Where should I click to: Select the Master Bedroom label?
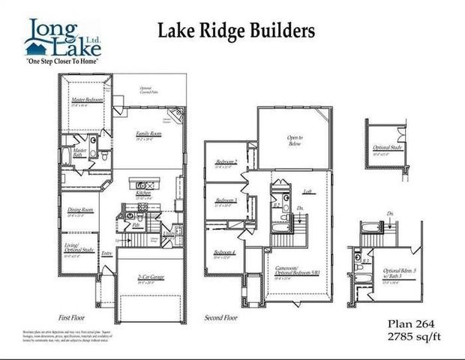tap(87, 100)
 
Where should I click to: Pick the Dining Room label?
tap(80, 210)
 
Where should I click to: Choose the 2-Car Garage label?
tap(150, 277)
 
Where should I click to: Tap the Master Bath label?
tap(79, 153)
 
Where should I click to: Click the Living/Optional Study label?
tap(79, 253)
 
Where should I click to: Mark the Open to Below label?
tap(294, 141)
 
